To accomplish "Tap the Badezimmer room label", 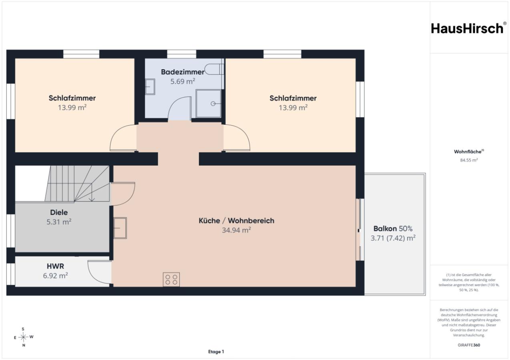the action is pos(183,72).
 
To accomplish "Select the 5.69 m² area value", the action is pos(183,81).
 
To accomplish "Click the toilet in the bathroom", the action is pos(214,69).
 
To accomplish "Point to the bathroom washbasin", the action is pos(150,86).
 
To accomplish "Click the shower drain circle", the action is pos(213,104).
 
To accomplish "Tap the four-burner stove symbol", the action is pos(171,280).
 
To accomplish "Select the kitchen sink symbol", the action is pos(120,228).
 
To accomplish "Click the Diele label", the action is pos(59,212).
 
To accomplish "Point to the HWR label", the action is pos(55,266).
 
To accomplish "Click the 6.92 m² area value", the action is pos(55,276).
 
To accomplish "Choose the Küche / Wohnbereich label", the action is pos(236,220).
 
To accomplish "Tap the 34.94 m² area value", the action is pos(236,230).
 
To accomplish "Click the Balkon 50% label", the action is pos(393,228).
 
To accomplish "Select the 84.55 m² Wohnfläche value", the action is pos(469,160).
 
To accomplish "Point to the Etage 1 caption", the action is pos(216,352).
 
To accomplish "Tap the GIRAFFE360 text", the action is pos(469,345).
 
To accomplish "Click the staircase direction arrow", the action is pos(92,192).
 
